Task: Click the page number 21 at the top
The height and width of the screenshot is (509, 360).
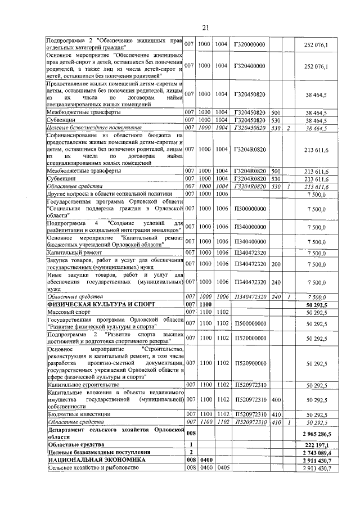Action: (x=205, y=28)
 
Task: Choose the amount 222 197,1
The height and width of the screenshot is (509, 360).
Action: (x=318, y=444)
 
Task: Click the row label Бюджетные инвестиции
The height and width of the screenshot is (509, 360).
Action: (x=79, y=414)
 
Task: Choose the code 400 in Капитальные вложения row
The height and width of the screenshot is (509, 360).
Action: (x=276, y=400)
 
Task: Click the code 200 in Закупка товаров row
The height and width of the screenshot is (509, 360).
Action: (x=276, y=264)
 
